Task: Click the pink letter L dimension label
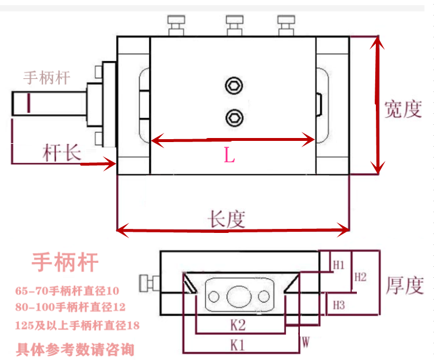229,156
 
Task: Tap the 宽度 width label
403,109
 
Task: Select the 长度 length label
227,219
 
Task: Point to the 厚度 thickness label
404,285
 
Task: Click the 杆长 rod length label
62,152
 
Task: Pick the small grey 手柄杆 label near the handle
47,78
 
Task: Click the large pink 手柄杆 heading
65,262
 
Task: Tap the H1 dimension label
338,265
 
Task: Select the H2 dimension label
360,277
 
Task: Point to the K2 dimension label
238,325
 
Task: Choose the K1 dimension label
238,345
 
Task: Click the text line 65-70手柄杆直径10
68,290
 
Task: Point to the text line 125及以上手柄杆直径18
77,325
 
